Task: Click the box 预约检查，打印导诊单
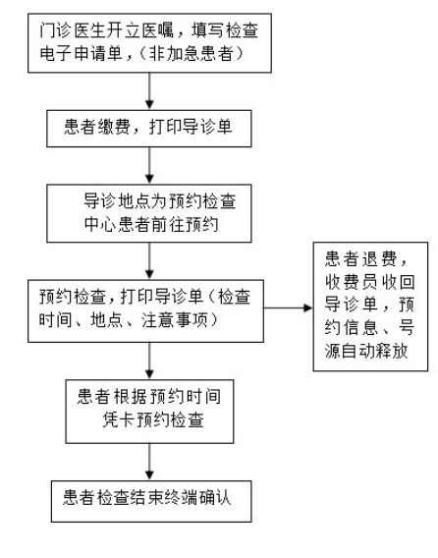tap(148, 306)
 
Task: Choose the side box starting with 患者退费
tap(368, 307)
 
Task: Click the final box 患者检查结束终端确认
tap(148, 499)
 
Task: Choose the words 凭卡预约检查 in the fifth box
tap(148, 417)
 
